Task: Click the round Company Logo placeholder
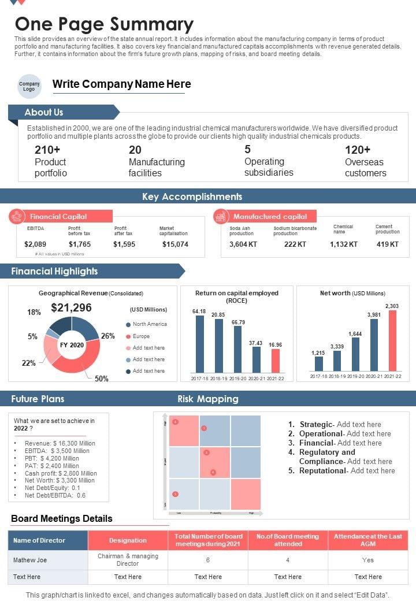[x=29, y=86]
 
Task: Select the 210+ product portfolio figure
[x=47, y=150]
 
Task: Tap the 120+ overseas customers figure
[x=358, y=150]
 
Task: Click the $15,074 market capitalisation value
[x=175, y=244]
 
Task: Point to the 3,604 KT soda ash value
[x=243, y=244]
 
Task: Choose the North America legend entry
[x=150, y=324]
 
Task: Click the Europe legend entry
[x=141, y=336]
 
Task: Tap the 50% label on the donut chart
[x=102, y=379]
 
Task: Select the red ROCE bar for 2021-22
[x=276, y=361]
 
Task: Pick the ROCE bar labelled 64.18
[x=199, y=344]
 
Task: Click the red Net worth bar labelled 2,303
[x=393, y=340]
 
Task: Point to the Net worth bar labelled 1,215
[x=318, y=363]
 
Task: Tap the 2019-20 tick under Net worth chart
[x=355, y=376]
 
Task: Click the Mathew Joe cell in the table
[x=30, y=560]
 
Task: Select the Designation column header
[x=128, y=540]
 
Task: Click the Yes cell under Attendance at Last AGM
[x=368, y=560]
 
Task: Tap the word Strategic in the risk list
[x=315, y=424]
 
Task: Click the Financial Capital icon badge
[x=17, y=217]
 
